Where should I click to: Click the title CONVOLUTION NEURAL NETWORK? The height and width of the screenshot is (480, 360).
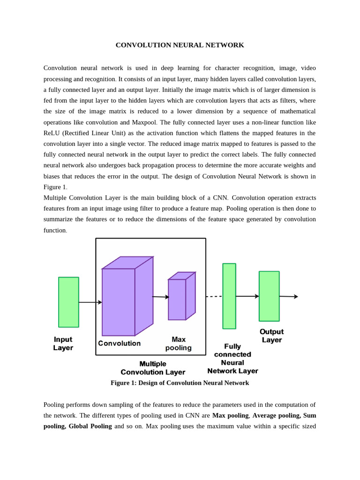[x=180, y=45]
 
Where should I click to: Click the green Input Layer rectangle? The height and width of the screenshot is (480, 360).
[x=68, y=302]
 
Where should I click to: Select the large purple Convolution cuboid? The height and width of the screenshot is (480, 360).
[x=119, y=301]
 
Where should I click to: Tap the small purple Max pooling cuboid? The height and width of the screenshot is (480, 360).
[x=177, y=299]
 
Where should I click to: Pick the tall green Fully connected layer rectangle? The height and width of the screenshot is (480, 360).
[x=229, y=296]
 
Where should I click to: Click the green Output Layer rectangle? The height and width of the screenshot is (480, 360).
[x=269, y=296]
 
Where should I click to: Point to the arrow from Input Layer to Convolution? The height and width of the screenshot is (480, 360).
[x=90, y=302]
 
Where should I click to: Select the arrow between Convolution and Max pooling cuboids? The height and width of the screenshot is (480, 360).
[x=160, y=297]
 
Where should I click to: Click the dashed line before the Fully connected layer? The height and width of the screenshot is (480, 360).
[x=214, y=296]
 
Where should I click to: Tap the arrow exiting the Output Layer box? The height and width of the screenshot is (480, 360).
[x=288, y=296]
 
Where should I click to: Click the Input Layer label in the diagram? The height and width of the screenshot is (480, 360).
[x=63, y=344]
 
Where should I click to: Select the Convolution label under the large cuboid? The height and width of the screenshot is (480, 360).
[x=119, y=343]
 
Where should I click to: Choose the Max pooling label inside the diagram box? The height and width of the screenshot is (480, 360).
[x=178, y=344]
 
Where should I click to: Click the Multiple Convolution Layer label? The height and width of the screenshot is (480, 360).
[x=153, y=368]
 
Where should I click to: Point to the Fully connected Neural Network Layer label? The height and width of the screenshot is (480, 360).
[x=232, y=359]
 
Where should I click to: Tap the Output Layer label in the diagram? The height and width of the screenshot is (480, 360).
[x=271, y=336]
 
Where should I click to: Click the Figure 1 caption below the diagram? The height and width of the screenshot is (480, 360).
[x=180, y=383]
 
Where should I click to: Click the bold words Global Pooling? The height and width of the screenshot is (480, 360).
[x=90, y=426]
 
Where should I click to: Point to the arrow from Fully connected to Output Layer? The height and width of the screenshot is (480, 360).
[x=247, y=296]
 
